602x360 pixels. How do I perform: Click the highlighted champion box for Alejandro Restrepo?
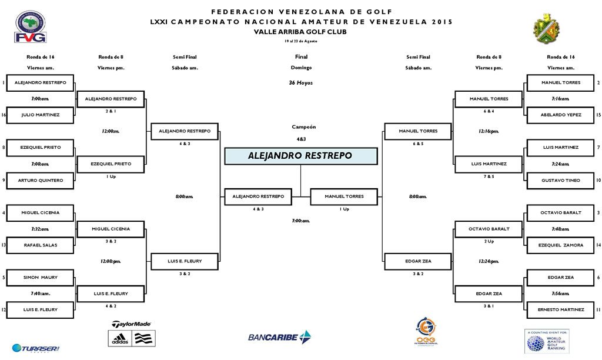tap(300, 156)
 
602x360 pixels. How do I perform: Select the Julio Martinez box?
tap(41, 115)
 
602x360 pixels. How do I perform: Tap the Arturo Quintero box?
tap(41, 180)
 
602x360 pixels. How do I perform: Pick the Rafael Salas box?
tap(41, 245)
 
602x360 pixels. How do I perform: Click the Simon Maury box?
tap(41, 277)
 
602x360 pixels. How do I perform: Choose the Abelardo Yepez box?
tap(561, 115)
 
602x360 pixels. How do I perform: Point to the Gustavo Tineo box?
tap(561, 180)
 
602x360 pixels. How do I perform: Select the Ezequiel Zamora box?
tap(561, 245)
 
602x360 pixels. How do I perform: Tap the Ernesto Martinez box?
tap(561, 309)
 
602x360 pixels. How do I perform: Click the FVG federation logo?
tap(31, 27)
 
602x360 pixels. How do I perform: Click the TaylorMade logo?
tap(131, 324)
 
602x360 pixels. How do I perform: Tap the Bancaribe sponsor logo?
tap(279, 337)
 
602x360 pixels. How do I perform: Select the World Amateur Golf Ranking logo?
tap(547, 341)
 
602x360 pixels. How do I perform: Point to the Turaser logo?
tap(36, 348)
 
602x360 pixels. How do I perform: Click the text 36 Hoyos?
tap(300, 83)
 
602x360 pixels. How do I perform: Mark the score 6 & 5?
tap(418, 144)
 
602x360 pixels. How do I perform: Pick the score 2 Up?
tap(489, 241)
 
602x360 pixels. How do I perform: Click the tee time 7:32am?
tap(40, 229)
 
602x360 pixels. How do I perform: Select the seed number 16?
tap(4, 115)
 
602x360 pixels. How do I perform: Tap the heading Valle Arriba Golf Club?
tap(300, 32)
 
